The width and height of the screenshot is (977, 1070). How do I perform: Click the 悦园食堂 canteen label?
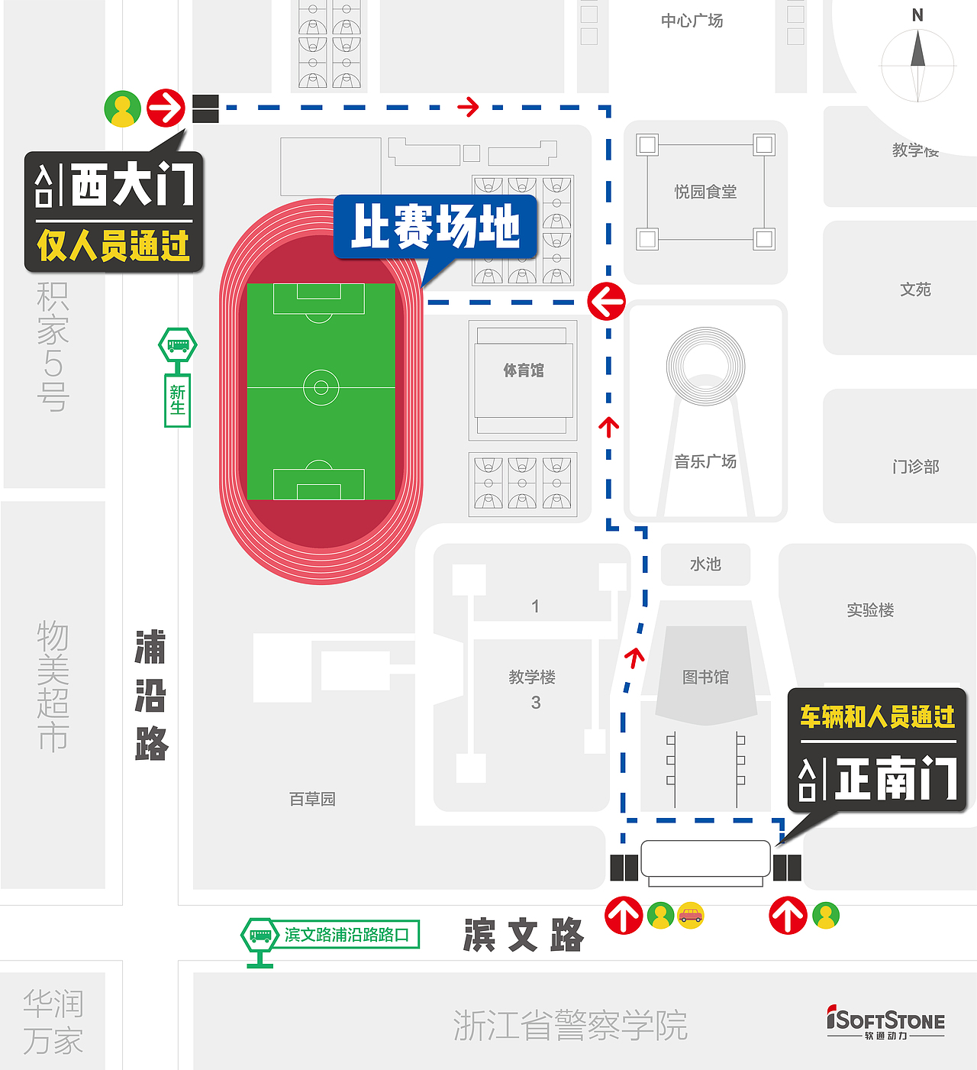(705, 192)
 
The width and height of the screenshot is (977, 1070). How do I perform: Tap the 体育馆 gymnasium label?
(524, 370)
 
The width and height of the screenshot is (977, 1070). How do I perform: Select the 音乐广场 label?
(705, 461)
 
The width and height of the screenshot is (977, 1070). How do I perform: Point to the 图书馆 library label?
(705, 677)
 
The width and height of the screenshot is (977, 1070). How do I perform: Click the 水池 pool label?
(705, 564)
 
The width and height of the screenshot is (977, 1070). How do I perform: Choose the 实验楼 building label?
(870, 609)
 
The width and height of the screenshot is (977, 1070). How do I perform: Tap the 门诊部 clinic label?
(915, 466)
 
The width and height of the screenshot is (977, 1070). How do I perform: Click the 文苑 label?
(915, 289)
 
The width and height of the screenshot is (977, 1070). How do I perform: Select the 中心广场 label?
(692, 21)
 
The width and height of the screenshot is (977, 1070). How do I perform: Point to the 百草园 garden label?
(312, 799)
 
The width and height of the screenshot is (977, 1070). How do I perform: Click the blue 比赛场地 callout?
(435, 226)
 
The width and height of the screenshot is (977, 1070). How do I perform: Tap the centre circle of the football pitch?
(321, 388)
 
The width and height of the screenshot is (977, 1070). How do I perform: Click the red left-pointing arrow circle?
(607, 302)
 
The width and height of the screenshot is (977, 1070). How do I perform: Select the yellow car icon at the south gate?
(691, 914)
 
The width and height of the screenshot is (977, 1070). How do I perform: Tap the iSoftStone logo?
(885, 1022)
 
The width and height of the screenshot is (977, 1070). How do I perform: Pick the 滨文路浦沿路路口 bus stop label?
(347, 935)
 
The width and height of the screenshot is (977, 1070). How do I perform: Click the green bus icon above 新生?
(178, 346)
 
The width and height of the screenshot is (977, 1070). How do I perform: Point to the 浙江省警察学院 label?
(570, 1025)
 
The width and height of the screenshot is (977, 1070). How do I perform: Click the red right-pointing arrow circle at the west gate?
(166, 108)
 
